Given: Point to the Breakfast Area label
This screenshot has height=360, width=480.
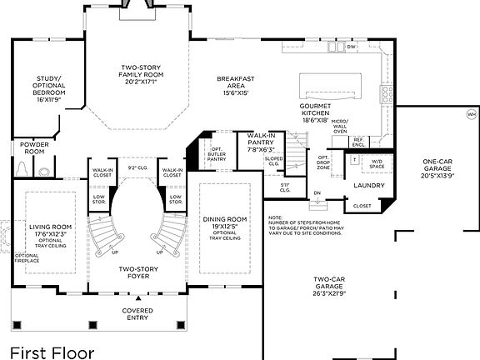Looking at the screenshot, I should click(x=235, y=85).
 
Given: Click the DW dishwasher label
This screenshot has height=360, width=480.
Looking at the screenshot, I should click(x=351, y=47).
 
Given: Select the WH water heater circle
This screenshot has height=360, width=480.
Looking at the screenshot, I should click(x=471, y=114).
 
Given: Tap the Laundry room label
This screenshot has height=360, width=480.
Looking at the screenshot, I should click(x=367, y=185).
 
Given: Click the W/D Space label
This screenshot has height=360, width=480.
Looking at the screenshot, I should click(x=377, y=163).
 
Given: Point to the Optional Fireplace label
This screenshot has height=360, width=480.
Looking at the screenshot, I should click(x=27, y=258).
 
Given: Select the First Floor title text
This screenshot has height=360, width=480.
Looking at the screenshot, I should click(x=52, y=352).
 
